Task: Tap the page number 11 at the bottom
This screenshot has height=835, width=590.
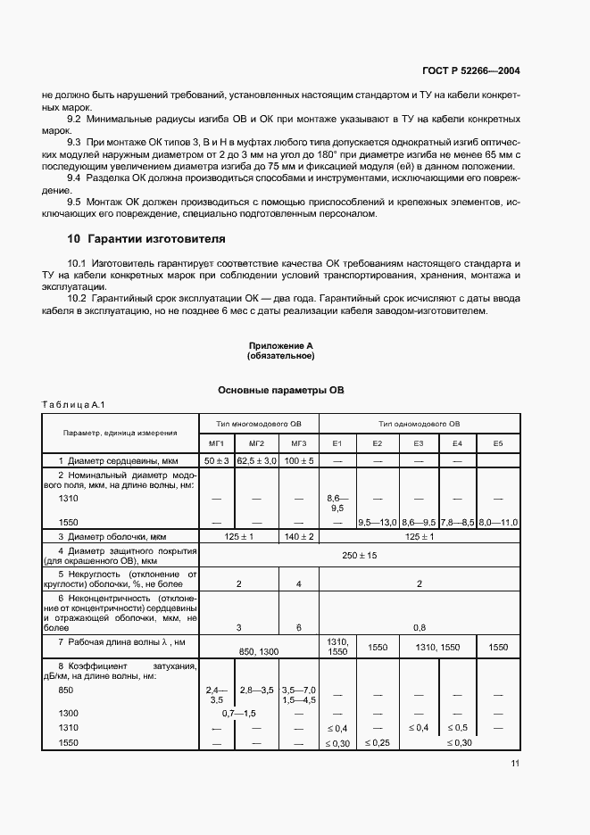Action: (516, 763)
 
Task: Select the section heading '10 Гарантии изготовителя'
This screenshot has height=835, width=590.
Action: (146, 239)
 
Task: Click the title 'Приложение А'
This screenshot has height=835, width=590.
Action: (280, 345)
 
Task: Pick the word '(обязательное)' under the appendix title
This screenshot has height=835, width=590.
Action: (280, 356)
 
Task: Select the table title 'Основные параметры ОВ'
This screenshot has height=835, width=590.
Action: (281, 391)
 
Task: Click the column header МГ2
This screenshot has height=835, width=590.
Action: (257, 442)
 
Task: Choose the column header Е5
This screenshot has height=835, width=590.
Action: (498, 442)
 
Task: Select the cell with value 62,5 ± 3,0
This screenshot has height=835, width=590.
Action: (257, 460)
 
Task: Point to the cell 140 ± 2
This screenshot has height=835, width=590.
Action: (298, 537)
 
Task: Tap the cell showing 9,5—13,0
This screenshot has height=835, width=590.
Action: (377, 522)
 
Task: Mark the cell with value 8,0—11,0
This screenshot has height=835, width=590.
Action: (498, 522)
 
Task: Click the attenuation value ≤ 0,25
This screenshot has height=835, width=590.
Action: (377, 743)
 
